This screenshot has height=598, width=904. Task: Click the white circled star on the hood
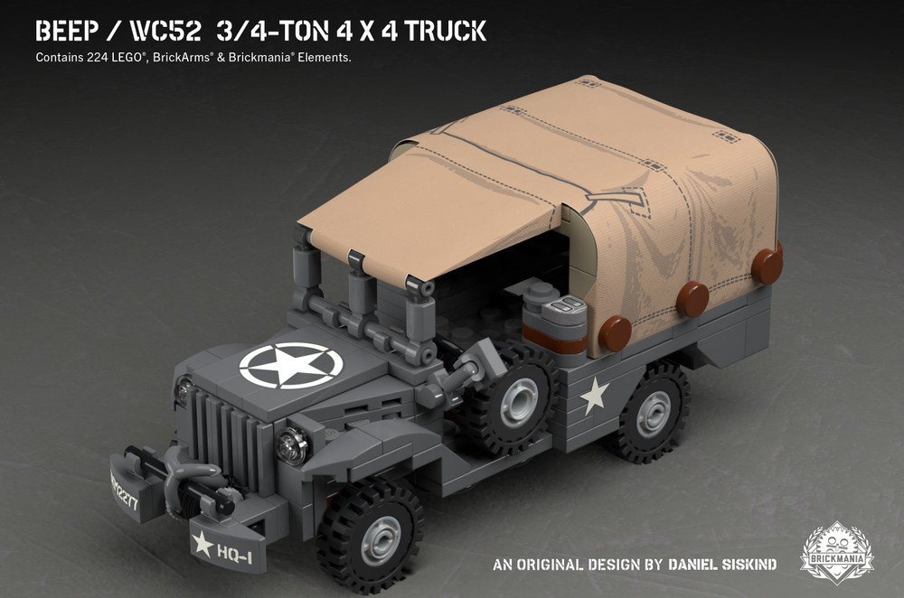click(290, 367)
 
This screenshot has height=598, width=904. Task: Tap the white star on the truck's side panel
click(594, 396)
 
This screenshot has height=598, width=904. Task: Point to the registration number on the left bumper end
click(124, 489)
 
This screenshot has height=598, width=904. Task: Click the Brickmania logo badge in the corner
click(836, 551)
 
